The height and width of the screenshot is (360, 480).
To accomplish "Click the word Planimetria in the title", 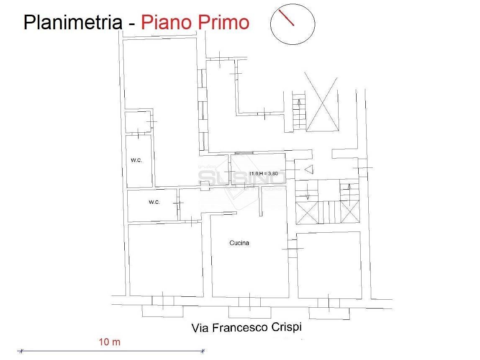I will [x=72, y=23].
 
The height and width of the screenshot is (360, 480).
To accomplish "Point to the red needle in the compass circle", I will [x=287, y=18].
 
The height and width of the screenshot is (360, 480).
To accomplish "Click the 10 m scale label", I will [x=110, y=342].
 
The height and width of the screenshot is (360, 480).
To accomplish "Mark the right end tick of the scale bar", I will [x=203, y=350].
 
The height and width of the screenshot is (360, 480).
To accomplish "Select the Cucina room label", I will [x=239, y=243].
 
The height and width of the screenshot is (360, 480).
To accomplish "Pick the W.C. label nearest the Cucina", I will [x=154, y=202].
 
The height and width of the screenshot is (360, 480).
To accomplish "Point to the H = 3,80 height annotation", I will [x=271, y=173].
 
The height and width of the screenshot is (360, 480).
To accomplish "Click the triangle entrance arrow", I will [x=309, y=170].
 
